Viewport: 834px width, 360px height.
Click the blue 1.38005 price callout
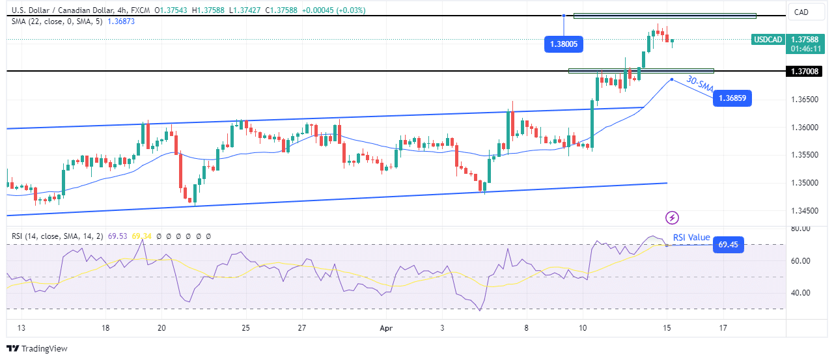pyautogui.click(x=564, y=45)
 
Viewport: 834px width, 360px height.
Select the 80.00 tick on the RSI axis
pyautogui.click(x=799, y=228)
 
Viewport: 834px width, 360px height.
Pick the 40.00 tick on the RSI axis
pyautogui.click(x=799, y=292)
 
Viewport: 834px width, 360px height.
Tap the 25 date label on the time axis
pyautogui.click(x=245, y=328)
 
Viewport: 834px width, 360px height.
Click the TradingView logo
pyautogui.click(x=37, y=349)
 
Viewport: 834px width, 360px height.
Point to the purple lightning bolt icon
pyautogui.click(x=673, y=217)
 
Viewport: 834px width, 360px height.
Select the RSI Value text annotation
pyautogui.click(x=691, y=238)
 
